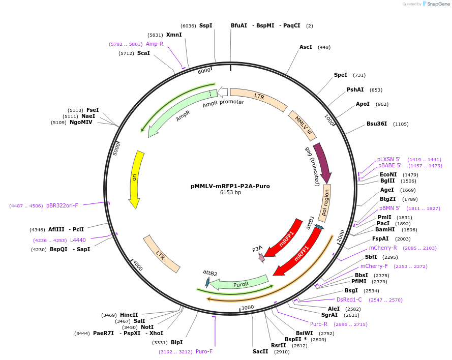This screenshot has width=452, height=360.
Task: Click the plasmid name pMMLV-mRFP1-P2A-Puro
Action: click(230, 186)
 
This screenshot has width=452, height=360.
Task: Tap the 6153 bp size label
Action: click(230, 193)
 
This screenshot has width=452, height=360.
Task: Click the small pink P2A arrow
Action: click(262, 257)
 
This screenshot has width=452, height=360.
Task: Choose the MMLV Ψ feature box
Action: click(303, 125)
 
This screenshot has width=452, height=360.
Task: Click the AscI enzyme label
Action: click(306, 47)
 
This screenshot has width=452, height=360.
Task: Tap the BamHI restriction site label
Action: click(385, 229)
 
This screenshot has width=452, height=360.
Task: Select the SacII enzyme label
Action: click(260, 351)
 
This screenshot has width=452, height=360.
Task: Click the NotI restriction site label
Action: click(147, 327)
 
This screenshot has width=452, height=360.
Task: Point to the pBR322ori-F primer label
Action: click(62, 205)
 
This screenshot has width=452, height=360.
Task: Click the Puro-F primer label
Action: click(204, 351)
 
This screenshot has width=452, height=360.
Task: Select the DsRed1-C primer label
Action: click(349, 299)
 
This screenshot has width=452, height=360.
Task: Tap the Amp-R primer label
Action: click(155, 44)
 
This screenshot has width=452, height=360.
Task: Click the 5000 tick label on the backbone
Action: click(115, 148)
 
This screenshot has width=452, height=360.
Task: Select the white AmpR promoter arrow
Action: click(223, 92)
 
